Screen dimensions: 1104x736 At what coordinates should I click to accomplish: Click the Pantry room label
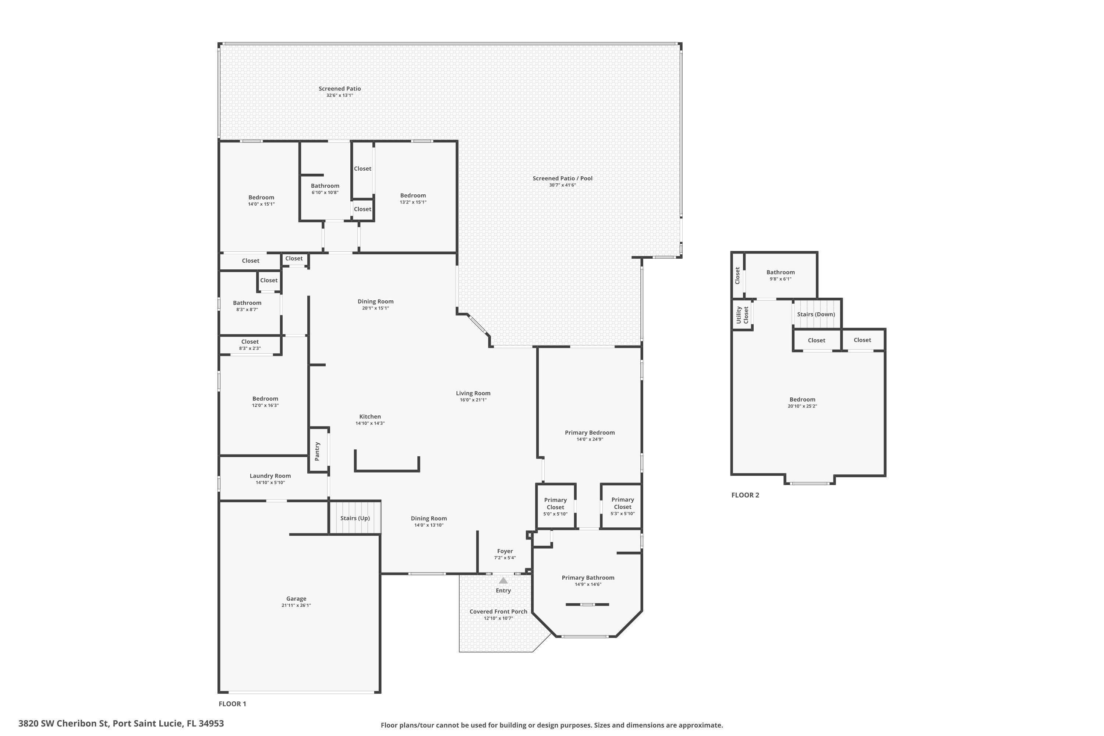[x=317, y=451]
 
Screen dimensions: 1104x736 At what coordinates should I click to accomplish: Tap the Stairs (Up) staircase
[x=355, y=517]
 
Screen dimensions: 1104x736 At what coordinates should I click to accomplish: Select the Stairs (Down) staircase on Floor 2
[x=817, y=314]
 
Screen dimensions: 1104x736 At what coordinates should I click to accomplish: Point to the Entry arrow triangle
[x=503, y=580]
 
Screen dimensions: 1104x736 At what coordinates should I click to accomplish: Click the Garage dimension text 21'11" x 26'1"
[x=296, y=605]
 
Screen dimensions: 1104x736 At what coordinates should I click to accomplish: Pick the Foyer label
[x=505, y=551]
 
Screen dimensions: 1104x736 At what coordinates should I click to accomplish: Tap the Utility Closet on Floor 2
[x=742, y=315]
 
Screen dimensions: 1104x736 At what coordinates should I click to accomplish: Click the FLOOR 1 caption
[x=232, y=704]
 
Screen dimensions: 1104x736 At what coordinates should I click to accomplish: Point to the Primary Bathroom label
[x=588, y=577]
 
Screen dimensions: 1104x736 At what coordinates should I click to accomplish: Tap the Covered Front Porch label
[x=499, y=611]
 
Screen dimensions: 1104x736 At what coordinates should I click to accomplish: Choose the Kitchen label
[x=370, y=416]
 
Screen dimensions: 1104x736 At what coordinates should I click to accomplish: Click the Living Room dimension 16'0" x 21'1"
[x=473, y=400]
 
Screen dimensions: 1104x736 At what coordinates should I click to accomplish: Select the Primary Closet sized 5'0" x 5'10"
[x=556, y=506]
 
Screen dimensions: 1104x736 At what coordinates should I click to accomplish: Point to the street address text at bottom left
[x=121, y=723]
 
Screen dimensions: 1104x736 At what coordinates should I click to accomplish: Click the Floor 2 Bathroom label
[x=781, y=272]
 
